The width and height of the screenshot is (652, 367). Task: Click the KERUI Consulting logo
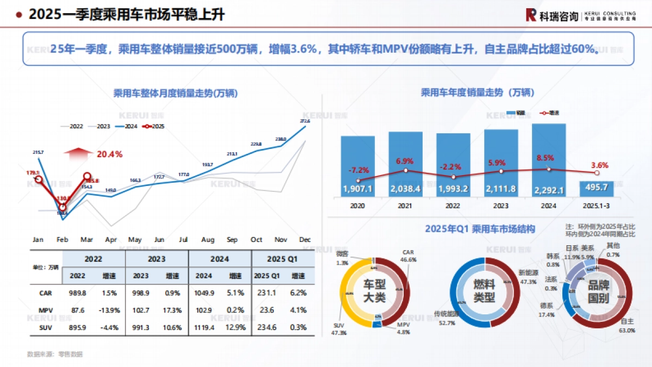[580, 15]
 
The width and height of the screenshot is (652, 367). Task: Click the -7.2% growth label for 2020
[358, 170]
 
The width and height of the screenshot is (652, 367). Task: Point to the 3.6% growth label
[599, 165]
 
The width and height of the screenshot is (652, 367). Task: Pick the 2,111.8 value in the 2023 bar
[501, 189]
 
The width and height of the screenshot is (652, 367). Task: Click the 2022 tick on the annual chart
[453, 207]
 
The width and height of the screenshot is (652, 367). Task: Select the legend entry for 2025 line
[154, 126]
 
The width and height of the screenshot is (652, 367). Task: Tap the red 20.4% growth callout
[109, 154]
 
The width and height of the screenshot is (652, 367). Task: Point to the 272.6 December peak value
[305, 121]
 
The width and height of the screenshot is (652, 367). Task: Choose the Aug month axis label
[208, 239]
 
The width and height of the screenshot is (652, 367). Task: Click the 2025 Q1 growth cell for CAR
[298, 293]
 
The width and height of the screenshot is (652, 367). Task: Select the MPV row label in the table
[46, 310]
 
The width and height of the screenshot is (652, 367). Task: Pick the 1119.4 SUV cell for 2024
[204, 328]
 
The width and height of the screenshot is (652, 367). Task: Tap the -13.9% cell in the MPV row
[109, 310]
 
